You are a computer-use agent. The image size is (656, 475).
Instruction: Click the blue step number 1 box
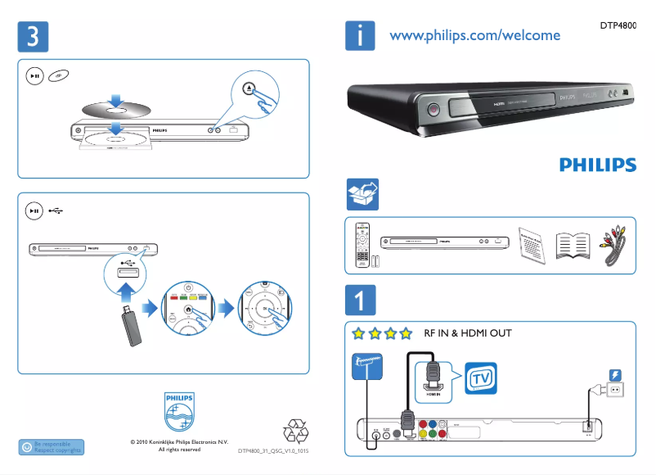point(360,300)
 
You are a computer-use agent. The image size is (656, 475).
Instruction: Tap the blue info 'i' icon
point(360,35)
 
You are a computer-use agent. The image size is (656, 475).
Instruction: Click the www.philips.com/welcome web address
point(474,35)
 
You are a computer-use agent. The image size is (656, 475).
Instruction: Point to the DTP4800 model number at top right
point(618,25)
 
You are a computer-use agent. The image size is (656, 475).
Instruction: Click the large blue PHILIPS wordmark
point(597,165)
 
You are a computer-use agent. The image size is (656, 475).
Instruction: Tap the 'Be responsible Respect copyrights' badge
point(51,447)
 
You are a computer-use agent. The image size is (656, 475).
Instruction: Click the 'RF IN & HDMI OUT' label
point(467,334)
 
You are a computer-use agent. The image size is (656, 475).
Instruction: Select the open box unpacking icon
point(363,195)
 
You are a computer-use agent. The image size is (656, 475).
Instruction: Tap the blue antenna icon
point(366,364)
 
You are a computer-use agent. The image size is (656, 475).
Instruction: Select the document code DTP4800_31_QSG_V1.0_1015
point(273,451)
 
